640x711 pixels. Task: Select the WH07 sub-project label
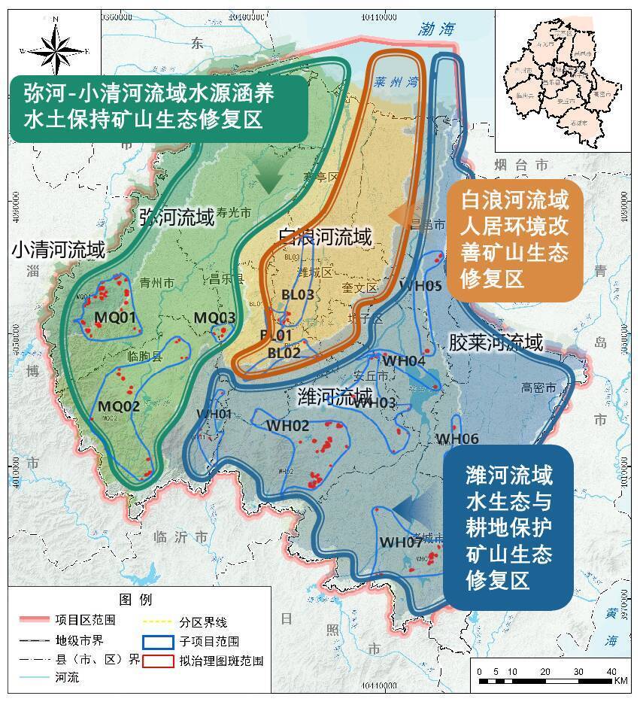click(x=400, y=542)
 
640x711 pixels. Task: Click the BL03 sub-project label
click(x=297, y=295)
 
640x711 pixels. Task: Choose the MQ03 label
click(x=214, y=318)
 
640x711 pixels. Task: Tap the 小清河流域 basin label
click(x=58, y=251)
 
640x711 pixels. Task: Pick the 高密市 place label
click(x=538, y=387)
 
